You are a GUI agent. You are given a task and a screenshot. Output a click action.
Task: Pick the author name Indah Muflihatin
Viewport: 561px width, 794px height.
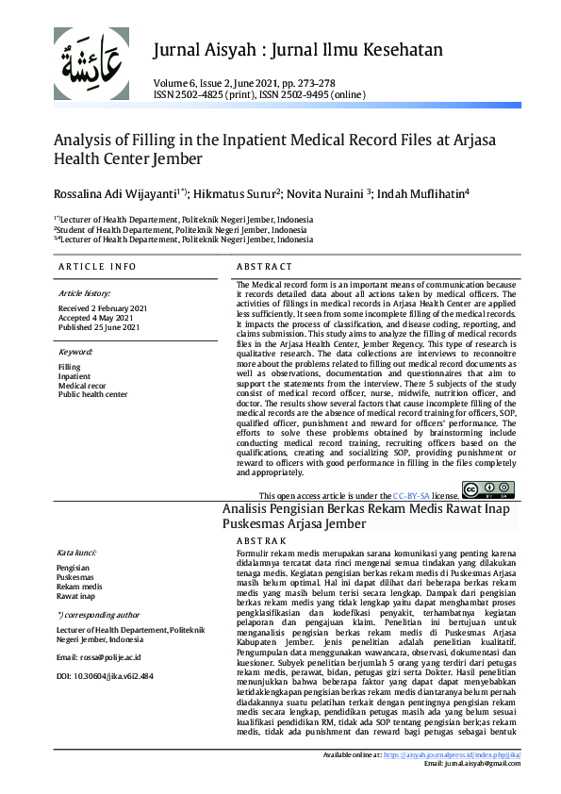(x=415, y=193)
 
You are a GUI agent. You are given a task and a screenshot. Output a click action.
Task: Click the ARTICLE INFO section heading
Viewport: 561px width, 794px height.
(x=97, y=268)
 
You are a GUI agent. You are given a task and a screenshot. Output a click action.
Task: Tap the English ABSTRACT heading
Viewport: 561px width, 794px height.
(x=264, y=268)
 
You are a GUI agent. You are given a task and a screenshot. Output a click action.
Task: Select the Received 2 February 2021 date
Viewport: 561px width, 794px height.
(x=103, y=308)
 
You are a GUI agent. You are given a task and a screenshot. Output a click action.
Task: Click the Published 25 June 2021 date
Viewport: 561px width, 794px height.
(x=99, y=327)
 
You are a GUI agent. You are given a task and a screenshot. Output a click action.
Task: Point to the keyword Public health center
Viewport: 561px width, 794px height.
(x=92, y=394)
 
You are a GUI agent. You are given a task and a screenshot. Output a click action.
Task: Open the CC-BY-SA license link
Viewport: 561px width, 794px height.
(x=412, y=495)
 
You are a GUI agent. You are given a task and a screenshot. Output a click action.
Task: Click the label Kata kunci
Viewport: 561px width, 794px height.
(x=78, y=553)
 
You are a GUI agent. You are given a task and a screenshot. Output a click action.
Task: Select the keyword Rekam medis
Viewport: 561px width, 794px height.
(x=80, y=587)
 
